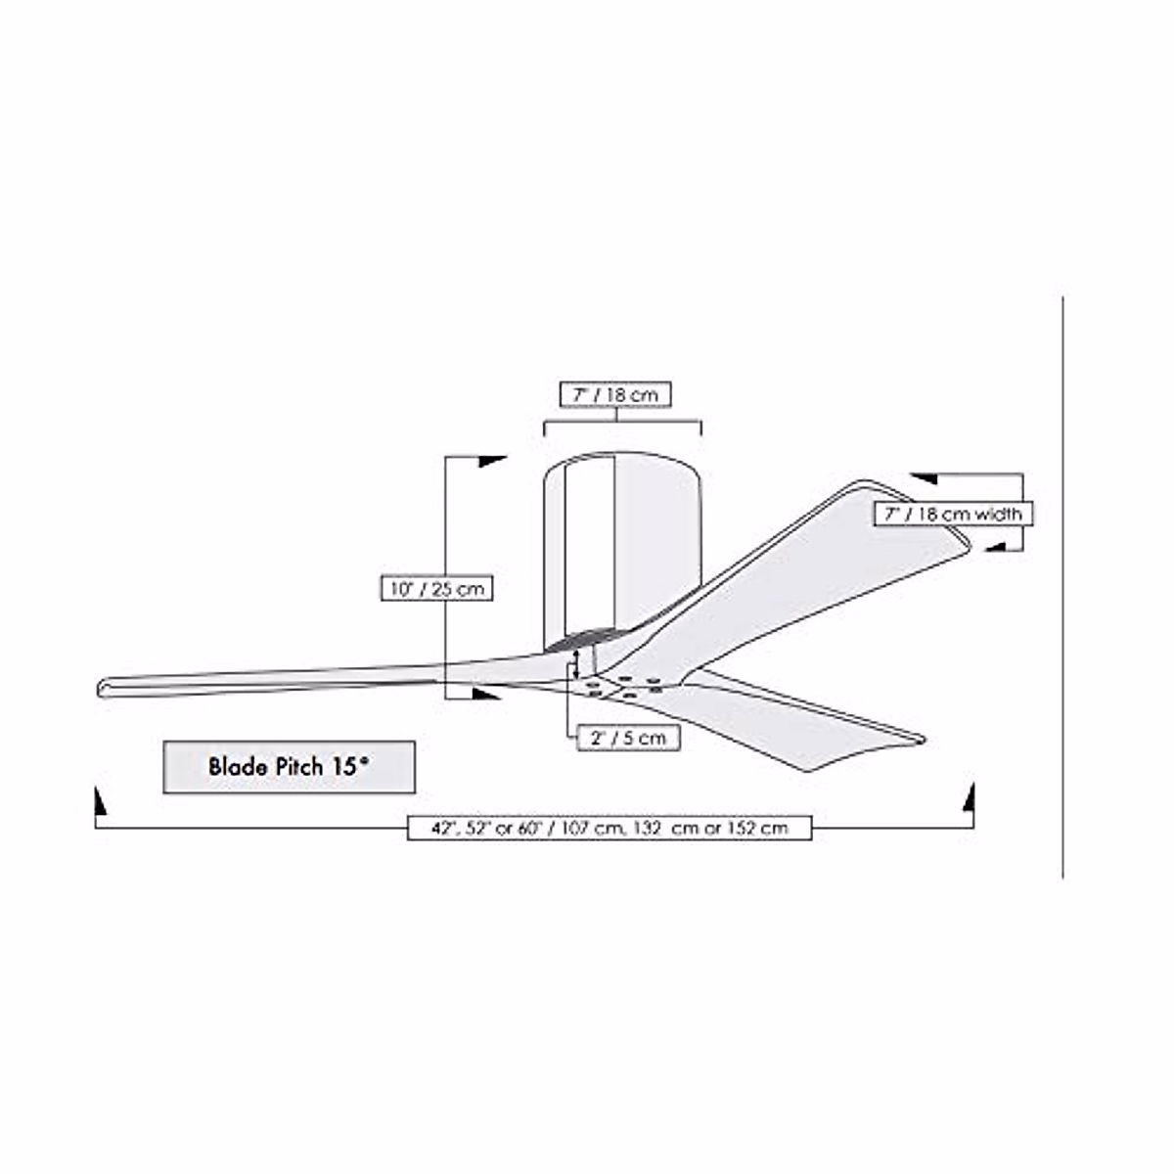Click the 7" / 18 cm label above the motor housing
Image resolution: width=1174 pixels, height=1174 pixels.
pos(616,394)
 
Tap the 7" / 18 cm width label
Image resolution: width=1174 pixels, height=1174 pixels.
pos(953,514)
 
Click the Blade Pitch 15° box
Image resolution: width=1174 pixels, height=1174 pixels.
pos(289,766)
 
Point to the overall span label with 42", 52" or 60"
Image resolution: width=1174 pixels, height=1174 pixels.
pos(610,828)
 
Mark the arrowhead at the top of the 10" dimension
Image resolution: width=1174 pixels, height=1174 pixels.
pos(493,461)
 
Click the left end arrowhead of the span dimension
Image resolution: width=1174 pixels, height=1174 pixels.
pos(99,801)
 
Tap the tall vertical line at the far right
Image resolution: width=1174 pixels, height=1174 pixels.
pos(1063,587)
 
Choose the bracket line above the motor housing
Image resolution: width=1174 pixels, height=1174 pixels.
pos(622,423)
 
